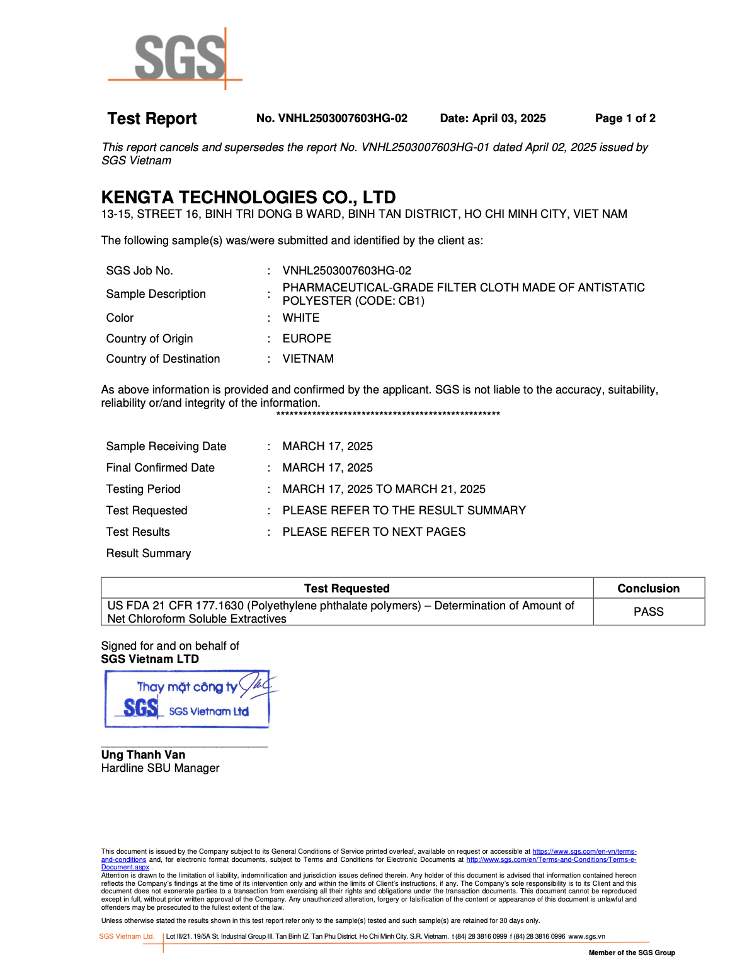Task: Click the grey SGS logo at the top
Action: [x=180, y=58]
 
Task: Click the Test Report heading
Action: [x=152, y=118]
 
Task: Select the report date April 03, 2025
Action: [x=493, y=118]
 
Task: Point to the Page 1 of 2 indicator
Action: [x=625, y=118]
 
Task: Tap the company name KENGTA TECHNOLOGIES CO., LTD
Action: [x=248, y=197]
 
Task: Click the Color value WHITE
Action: [x=300, y=318]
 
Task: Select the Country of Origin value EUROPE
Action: [x=306, y=339]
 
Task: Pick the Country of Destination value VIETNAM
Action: [x=308, y=359]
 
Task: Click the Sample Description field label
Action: [x=156, y=294]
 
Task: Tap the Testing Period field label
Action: [x=143, y=489]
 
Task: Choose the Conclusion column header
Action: [x=648, y=589]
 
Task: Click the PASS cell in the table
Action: [x=648, y=612]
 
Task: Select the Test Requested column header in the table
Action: [x=346, y=589]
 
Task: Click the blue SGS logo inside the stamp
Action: [x=140, y=708]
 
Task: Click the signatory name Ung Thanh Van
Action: [x=143, y=755]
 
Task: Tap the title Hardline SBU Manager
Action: [x=160, y=768]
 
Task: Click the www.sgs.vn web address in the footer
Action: [x=586, y=937]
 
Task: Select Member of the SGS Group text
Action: [x=631, y=953]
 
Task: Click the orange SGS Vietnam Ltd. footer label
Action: [x=127, y=937]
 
